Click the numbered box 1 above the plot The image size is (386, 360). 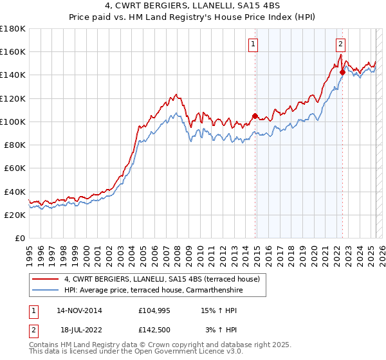click(253, 44)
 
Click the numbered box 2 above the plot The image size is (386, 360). click(340, 44)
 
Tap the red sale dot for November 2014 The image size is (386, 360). click(255, 116)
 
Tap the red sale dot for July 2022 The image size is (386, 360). click(342, 73)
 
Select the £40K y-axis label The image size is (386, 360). click(15, 192)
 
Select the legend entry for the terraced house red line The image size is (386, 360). click(161, 279)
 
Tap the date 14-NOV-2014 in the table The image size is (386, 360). click(79, 310)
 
